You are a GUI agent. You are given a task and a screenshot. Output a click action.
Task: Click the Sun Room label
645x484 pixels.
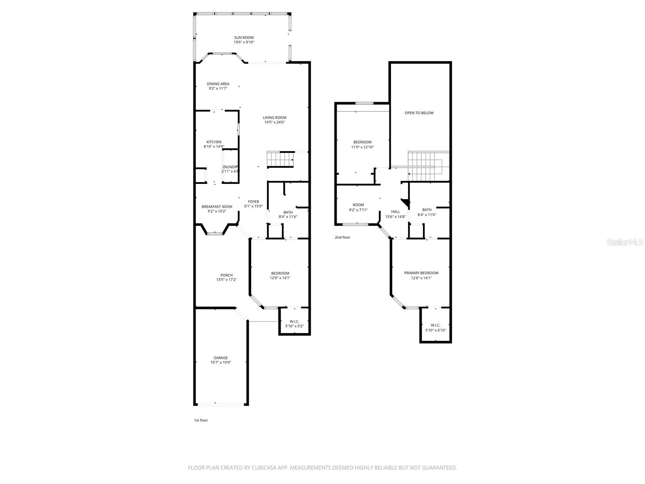[244, 38]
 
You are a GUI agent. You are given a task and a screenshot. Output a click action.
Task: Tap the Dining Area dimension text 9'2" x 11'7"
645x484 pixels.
[218, 88]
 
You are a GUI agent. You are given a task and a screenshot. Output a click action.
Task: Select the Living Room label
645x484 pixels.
[275, 118]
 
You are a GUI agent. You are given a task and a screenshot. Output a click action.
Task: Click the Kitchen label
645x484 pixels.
[214, 142]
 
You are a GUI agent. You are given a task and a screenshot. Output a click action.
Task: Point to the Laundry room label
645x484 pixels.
[231, 167]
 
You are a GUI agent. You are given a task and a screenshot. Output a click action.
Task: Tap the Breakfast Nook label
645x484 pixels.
[217, 207]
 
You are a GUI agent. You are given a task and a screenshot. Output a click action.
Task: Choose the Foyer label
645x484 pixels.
[254, 202]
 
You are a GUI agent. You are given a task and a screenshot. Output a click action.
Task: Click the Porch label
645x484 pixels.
[226, 275]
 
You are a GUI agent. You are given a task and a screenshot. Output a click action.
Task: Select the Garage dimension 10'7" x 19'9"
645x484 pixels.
[221, 362]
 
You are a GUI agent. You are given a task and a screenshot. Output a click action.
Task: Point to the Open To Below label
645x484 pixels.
[419, 113]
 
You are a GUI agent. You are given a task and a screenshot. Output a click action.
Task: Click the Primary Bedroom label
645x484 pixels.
[421, 273]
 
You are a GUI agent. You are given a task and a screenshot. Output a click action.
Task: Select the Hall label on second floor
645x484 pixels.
[395, 212]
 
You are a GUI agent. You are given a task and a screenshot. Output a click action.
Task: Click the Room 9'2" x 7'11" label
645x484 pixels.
[358, 205]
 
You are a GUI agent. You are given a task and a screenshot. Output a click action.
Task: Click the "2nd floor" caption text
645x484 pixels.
[342, 238]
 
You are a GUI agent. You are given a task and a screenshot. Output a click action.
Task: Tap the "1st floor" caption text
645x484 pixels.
[201, 420]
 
